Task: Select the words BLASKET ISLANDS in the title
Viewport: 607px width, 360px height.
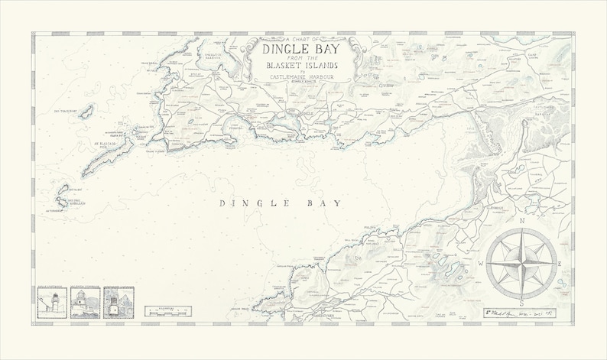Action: click(303, 72)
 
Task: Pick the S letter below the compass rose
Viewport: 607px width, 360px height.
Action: click(521, 303)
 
